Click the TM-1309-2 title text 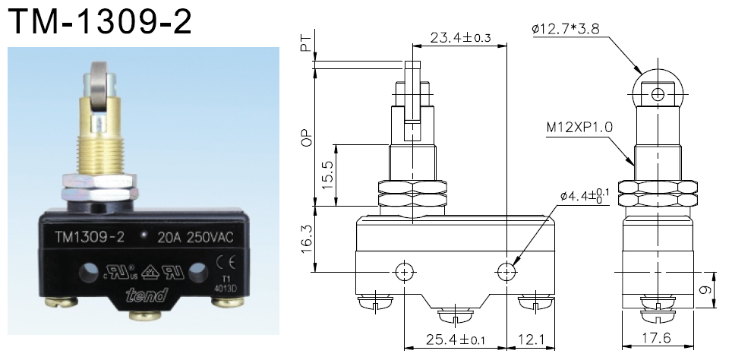coord(99,24)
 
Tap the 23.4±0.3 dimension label coord(459,37)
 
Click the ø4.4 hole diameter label coord(584,196)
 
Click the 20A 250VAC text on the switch coord(194,237)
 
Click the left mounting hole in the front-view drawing coord(404,271)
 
